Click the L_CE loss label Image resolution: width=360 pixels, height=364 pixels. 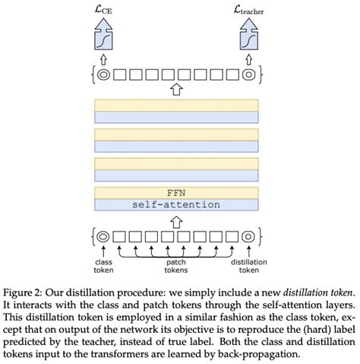coord(105,11)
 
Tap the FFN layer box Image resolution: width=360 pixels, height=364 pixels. coord(176,192)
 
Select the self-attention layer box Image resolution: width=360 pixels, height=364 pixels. coord(176,204)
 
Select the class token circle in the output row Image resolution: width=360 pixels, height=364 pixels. coord(103,74)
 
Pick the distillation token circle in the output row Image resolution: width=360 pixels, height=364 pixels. coord(248,74)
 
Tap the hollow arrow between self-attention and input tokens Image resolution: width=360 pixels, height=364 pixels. coord(176,221)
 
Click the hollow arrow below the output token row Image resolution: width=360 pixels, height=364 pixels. coord(176,90)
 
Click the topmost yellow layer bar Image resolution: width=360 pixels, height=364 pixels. coord(176,106)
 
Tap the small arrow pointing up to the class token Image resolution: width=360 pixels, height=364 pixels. coord(103,248)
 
